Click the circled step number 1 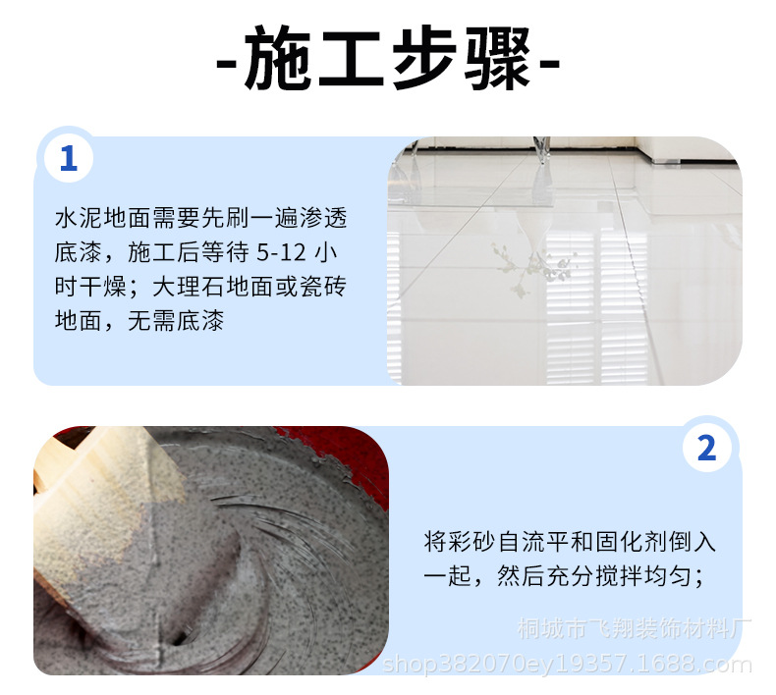(68, 158)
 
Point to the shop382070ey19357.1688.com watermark (567, 665)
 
